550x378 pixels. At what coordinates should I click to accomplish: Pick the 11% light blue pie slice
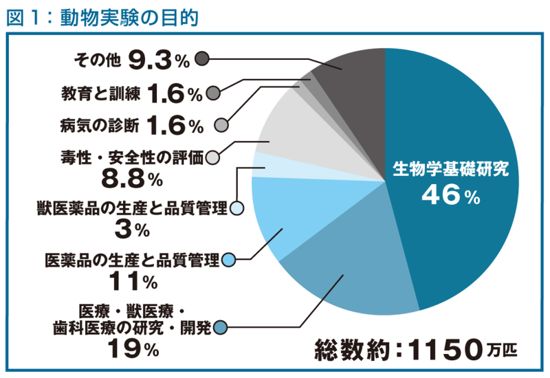pyautogui.click(x=282, y=213)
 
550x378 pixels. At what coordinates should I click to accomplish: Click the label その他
pyautogui.click(x=97, y=60)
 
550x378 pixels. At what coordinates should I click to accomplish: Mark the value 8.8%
pyautogui.click(x=131, y=179)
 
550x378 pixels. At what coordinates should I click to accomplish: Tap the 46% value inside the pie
pyautogui.click(x=451, y=196)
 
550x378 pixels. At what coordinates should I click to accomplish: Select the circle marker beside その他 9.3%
pyautogui.click(x=201, y=59)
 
